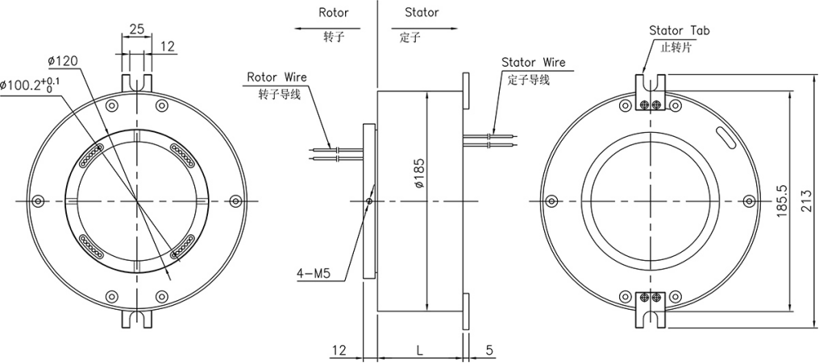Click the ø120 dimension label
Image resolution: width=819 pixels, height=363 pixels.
click(62, 61)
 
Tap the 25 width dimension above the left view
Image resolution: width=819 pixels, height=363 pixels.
click(137, 29)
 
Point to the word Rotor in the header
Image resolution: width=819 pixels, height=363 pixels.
click(334, 13)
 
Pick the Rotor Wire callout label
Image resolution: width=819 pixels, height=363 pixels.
click(276, 77)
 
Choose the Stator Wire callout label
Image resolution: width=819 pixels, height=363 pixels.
click(533, 62)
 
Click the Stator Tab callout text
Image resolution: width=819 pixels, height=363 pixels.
click(679, 31)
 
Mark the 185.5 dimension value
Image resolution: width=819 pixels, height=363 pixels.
click(780, 200)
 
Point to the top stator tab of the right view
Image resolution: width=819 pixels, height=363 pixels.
click(651, 92)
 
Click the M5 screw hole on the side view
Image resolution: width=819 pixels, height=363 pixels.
click(369, 201)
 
